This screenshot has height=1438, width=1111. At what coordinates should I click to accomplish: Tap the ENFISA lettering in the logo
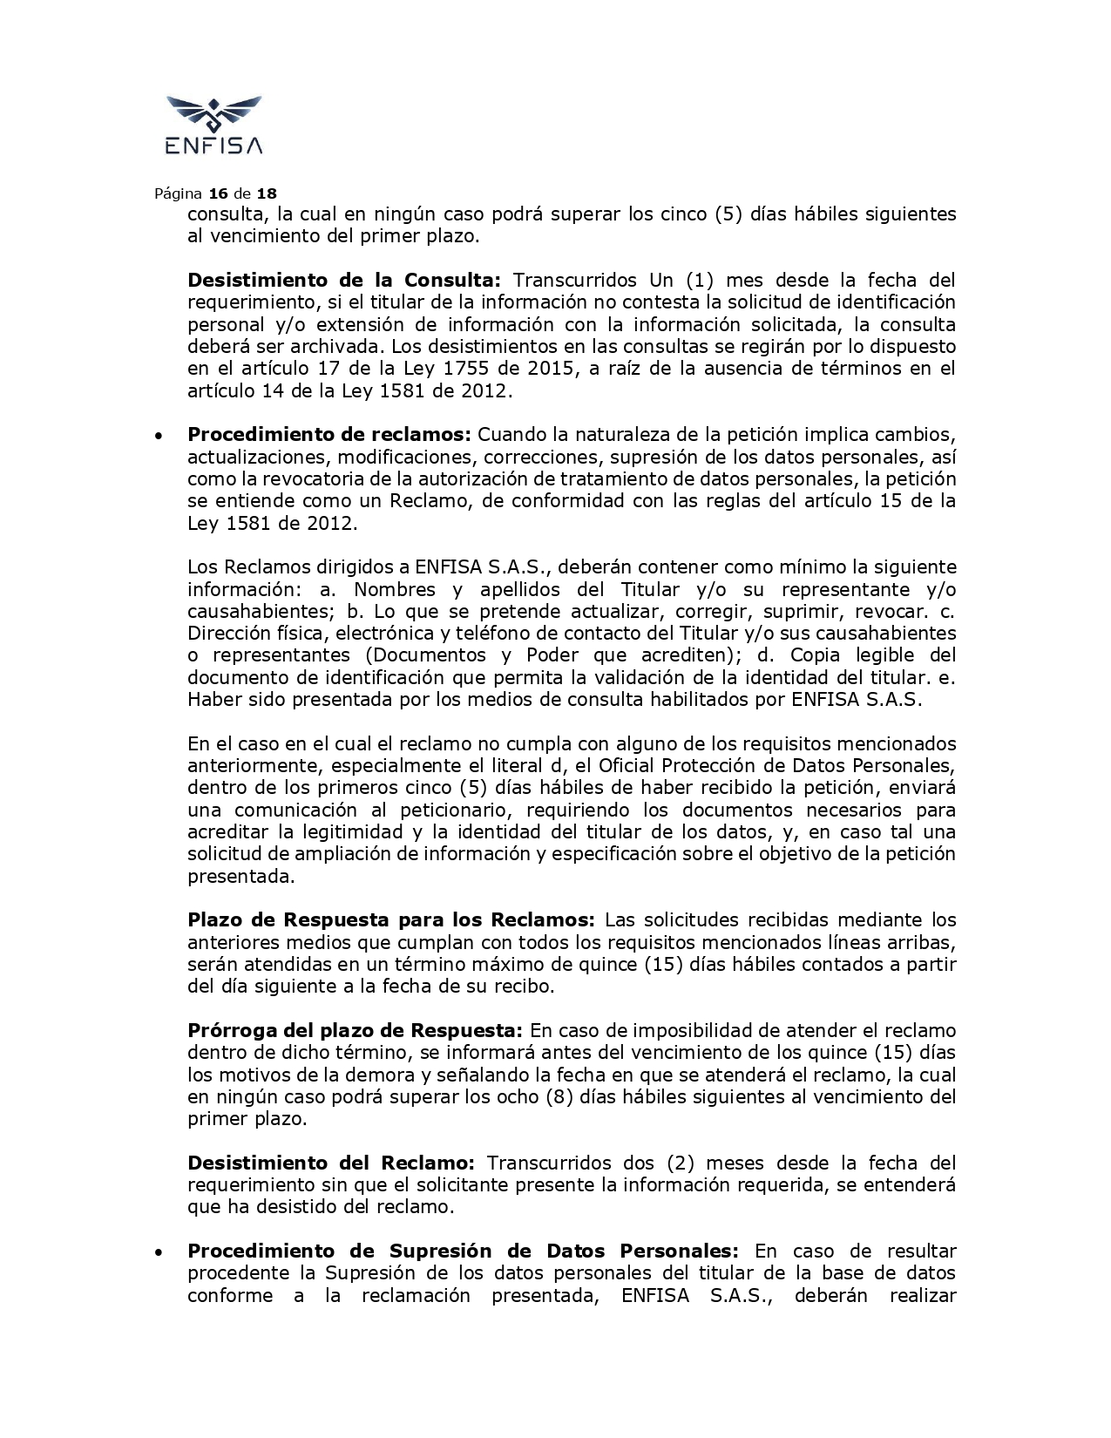[x=213, y=146]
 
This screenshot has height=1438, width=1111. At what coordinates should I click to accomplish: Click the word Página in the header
[x=178, y=193]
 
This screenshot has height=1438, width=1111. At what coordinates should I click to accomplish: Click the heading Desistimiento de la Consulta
[x=344, y=280]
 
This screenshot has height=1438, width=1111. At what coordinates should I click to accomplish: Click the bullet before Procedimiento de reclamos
[x=158, y=435]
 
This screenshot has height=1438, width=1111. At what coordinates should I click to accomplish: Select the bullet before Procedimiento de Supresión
[x=158, y=1251]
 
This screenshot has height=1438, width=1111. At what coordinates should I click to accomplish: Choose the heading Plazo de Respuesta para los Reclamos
[x=391, y=919]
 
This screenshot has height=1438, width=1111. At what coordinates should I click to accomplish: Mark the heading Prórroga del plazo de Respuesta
[x=356, y=1030]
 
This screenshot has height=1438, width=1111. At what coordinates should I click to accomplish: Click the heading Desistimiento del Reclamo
[x=331, y=1163]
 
